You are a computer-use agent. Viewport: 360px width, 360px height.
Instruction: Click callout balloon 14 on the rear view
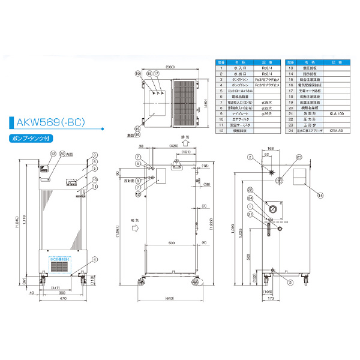point(320,195)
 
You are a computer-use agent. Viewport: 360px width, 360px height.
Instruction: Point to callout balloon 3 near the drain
point(290,281)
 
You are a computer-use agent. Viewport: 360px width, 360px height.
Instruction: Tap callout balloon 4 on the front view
point(94,259)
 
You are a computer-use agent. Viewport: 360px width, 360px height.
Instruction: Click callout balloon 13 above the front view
point(53,154)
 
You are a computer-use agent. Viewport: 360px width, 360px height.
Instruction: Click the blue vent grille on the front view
point(62,264)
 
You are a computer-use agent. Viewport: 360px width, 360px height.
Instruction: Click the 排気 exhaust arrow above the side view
point(188,143)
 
